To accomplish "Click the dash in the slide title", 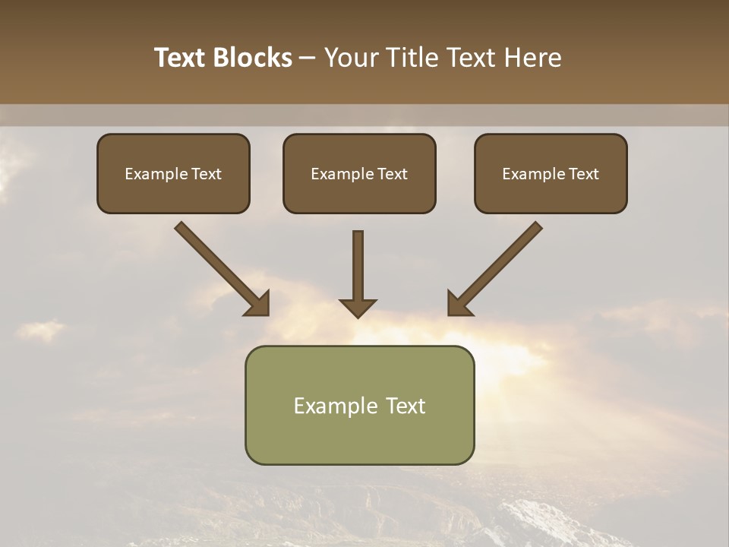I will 308,58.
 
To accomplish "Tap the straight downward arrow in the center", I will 358,266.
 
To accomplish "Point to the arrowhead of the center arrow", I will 358,307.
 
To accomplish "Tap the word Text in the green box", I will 406,406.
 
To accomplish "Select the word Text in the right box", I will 583,174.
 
